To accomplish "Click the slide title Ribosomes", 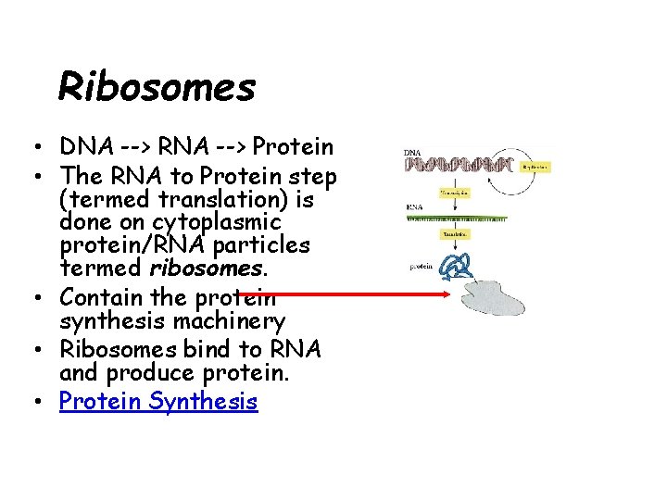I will (x=157, y=87).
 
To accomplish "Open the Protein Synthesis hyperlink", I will (x=158, y=401).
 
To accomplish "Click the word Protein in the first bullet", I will (x=293, y=147).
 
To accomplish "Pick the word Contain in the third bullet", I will (x=96, y=298).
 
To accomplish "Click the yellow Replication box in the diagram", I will (x=535, y=168).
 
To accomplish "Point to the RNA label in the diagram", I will (x=414, y=207).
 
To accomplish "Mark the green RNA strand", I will (x=458, y=219).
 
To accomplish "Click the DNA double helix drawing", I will (x=458, y=165).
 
